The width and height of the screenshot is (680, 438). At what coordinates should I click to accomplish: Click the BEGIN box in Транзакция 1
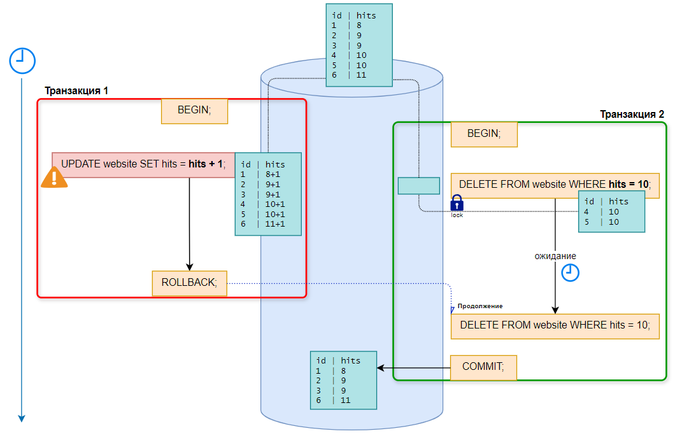(194, 110)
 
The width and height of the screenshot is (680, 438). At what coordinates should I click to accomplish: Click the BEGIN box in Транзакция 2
(484, 134)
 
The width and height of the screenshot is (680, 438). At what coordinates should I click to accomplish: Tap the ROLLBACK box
(189, 283)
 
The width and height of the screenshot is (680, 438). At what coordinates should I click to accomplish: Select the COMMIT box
(483, 367)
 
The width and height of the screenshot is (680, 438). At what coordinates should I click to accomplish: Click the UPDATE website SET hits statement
(143, 164)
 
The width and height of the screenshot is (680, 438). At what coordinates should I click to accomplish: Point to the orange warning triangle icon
(54, 178)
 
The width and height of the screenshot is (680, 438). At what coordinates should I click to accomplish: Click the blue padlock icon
(457, 203)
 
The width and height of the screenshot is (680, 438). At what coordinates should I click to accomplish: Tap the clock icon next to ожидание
(570, 272)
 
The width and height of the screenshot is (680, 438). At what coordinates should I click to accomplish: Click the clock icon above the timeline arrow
(22, 60)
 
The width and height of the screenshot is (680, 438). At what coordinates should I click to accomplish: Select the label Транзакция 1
(76, 91)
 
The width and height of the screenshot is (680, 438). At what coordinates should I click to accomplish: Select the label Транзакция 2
(632, 115)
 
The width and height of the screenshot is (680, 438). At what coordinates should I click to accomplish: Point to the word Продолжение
(480, 306)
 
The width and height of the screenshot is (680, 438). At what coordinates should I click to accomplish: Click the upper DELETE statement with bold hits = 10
(555, 185)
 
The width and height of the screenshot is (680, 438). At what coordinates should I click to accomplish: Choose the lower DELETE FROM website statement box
(555, 325)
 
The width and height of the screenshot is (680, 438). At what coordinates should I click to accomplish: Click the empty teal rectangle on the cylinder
(419, 185)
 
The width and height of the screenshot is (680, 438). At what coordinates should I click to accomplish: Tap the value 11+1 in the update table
(275, 224)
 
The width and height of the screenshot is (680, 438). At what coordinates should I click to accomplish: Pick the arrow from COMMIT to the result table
(414, 368)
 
